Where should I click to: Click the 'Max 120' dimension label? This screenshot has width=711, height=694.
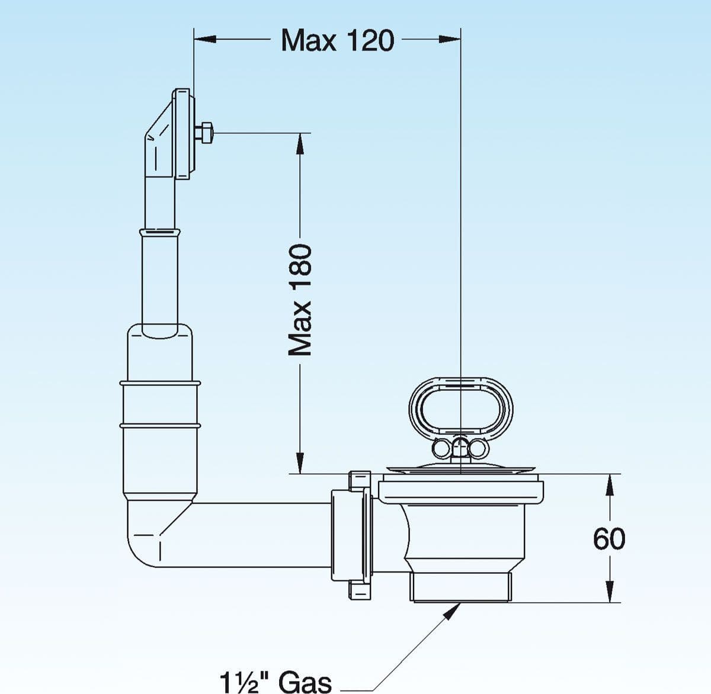tap(338, 40)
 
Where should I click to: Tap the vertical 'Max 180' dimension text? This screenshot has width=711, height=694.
tap(300, 300)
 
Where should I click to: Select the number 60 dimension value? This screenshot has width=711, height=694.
tap(609, 538)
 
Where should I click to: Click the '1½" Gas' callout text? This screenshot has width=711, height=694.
tap(276, 681)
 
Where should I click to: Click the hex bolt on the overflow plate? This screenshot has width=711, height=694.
tap(205, 133)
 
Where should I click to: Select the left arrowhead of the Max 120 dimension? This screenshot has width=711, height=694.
tap(205, 39)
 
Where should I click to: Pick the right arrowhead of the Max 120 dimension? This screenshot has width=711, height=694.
tap(449, 39)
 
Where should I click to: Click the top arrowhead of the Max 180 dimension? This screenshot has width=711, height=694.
tap(300, 144)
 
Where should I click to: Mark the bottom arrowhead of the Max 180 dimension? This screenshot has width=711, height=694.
tap(300, 463)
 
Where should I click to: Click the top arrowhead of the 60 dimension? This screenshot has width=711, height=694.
tap(609, 485)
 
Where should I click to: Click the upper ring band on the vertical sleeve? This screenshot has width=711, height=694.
tap(159, 383)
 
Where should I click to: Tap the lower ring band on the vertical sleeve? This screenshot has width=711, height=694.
tap(159, 425)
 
